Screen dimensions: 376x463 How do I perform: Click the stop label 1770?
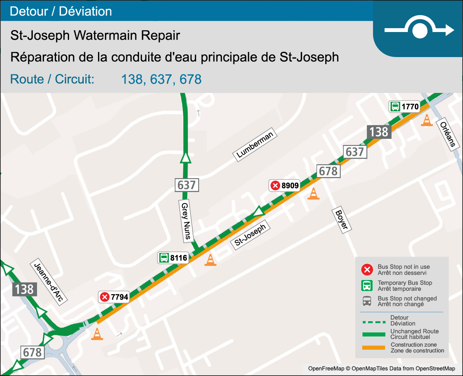tap(404, 106)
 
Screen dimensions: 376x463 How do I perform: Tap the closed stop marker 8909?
tap(284, 186)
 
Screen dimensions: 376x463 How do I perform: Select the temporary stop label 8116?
tap(173, 258)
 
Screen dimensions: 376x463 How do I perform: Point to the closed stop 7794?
tap(114, 297)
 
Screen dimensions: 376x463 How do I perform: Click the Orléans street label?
tap(448, 134)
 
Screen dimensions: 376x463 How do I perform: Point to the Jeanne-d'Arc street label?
tap(48, 282)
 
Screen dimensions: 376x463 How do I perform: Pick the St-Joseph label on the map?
tap(250, 236)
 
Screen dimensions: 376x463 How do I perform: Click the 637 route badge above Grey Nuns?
tap(187, 185)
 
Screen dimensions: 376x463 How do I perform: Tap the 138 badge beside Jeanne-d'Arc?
tap(25, 289)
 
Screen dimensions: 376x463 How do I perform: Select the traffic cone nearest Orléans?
tap(426, 120)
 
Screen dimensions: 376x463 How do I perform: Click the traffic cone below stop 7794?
tap(97, 334)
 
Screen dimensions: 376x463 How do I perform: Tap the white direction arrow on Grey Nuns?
tap(186, 158)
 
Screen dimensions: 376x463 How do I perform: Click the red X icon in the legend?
tap(367, 270)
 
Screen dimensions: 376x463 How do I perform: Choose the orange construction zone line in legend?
tap(373, 348)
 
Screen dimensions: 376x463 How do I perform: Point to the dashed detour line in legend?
tap(373, 321)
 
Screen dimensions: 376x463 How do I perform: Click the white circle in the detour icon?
tap(419, 30)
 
